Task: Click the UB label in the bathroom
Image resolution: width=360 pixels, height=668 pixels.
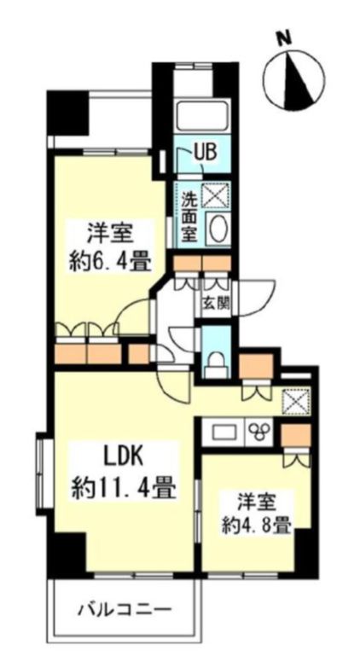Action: pyautogui.click(x=205, y=154)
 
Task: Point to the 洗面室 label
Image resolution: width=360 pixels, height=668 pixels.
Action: pyautogui.click(x=190, y=217)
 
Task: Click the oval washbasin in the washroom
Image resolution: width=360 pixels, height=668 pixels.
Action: pyautogui.click(x=218, y=230)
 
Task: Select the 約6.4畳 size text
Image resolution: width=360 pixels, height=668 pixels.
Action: pyautogui.click(x=107, y=258)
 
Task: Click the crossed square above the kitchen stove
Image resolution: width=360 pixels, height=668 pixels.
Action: pyautogui.click(x=295, y=401)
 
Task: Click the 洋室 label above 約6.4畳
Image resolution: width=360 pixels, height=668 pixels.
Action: pyautogui.click(x=107, y=233)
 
